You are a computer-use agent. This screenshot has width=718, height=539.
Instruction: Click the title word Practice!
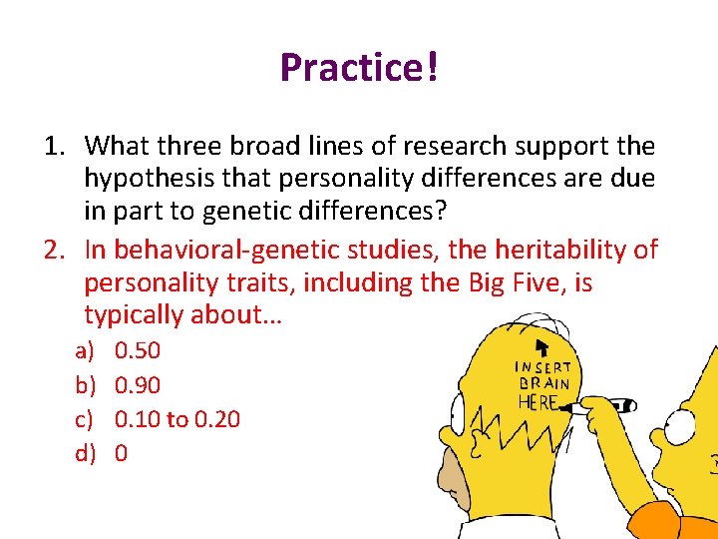tap(359, 68)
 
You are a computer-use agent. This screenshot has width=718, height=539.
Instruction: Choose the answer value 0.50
tap(138, 350)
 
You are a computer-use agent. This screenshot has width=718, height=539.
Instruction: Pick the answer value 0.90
tap(138, 385)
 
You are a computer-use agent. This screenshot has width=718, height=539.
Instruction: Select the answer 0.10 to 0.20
tap(178, 419)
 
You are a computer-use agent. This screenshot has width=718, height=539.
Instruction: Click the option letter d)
tap(86, 453)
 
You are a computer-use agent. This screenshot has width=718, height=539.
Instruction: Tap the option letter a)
tap(86, 350)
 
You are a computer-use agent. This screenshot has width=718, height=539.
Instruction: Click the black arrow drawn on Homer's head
tap(541, 348)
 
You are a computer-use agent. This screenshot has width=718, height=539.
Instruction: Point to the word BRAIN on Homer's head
tap(543, 383)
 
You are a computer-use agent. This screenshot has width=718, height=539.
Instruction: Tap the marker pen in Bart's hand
tap(610, 405)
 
